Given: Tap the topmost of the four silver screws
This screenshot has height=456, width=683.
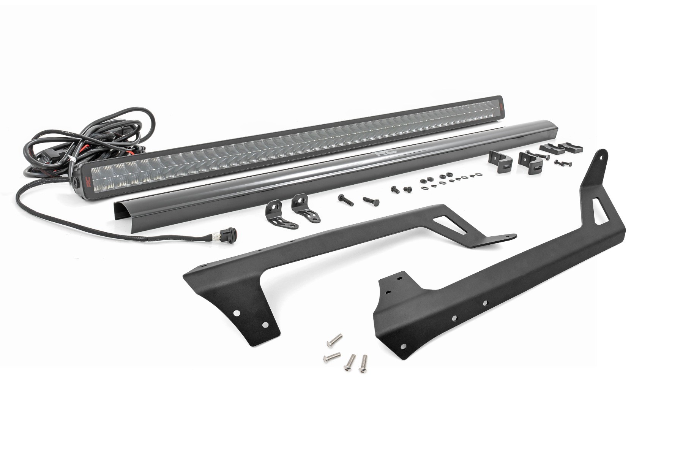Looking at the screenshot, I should (334, 340).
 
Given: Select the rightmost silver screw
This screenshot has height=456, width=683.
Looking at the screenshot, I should (364, 363).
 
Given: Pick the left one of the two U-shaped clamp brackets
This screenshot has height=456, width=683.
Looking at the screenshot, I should (497, 160).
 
